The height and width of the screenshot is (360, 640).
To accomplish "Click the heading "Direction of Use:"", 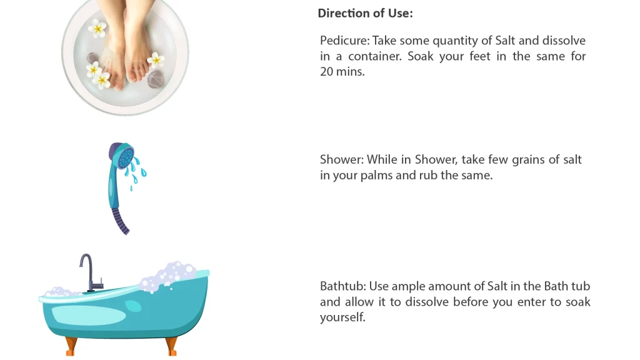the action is (x=365, y=13).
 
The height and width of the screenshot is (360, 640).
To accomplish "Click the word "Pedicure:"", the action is (x=344, y=41).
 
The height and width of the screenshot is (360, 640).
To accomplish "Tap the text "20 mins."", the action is (x=342, y=71).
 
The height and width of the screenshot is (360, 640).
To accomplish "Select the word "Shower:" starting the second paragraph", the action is (x=342, y=159).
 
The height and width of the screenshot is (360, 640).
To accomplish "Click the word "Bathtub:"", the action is (x=343, y=286).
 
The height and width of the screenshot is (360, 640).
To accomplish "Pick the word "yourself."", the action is (x=342, y=317).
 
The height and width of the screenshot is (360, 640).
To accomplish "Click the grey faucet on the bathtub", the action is (x=90, y=272).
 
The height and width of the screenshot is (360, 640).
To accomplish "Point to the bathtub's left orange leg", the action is (x=71, y=346).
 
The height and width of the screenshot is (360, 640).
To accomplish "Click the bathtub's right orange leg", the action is (x=172, y=346).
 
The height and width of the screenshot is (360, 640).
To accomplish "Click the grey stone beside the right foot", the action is (x=156, y=79).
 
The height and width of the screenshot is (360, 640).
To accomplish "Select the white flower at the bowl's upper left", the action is (x=97, y=28).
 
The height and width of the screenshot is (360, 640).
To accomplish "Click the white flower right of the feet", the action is (x=156, y=59).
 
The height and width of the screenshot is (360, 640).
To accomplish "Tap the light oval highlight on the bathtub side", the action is (x=89, y=315).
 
